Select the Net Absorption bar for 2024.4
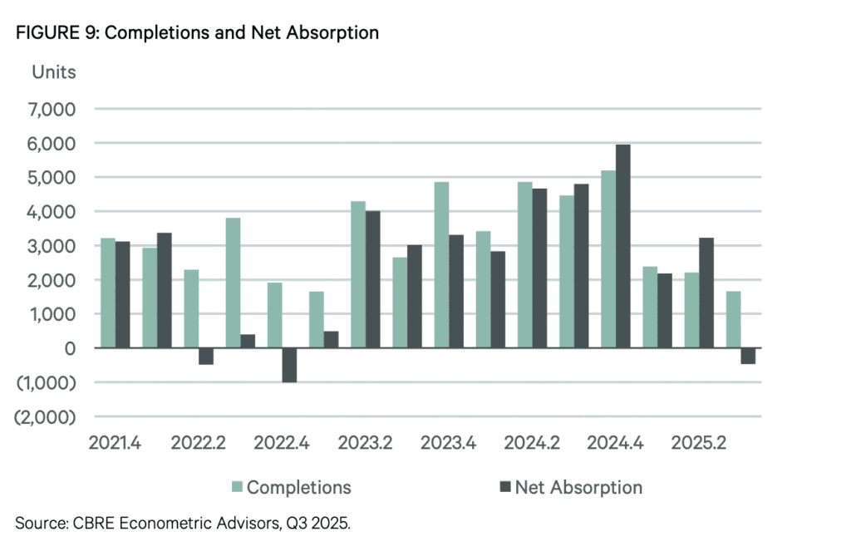pyautogui.click(x=620, y=247)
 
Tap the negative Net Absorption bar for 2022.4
pyautogui.click(x=289, y=365)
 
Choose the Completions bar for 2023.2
pyautogui.click(x=358, y=275)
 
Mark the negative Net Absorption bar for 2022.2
pyautogui.click(x=205, y=357)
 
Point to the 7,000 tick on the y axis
pyautogui.click(x=52, y=109)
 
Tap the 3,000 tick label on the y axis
pyautogui.click(x=52, y=246)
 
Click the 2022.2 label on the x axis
pyautogui.click(x=198, y=442)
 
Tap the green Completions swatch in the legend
pyautogui.click(x=237, y=487)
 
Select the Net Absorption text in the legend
pyautogui.click(x=578, y=487)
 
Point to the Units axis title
pyautogui.click(x=53, y=72)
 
